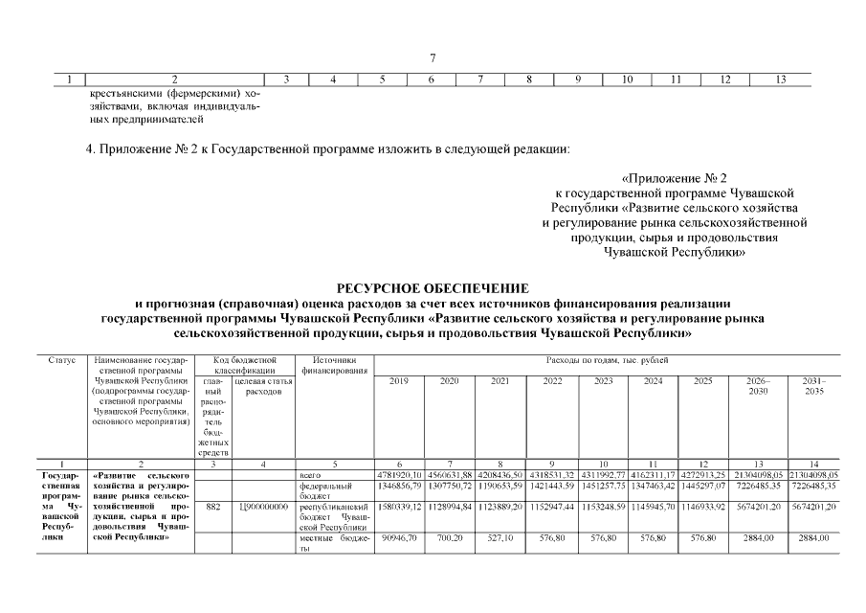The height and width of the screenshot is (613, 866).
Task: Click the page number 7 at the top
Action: coord(433,58)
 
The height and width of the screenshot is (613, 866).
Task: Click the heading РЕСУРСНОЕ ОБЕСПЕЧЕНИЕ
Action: coord(432,287)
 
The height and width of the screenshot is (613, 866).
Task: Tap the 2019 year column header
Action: coord(399,381)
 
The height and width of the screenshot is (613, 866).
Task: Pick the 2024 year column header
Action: coord(654,381)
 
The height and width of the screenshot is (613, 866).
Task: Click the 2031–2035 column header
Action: coord(814,386)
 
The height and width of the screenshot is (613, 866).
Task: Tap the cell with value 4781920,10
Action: coord(399,474)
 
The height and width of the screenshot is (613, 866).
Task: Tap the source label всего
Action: coord(310,474)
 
